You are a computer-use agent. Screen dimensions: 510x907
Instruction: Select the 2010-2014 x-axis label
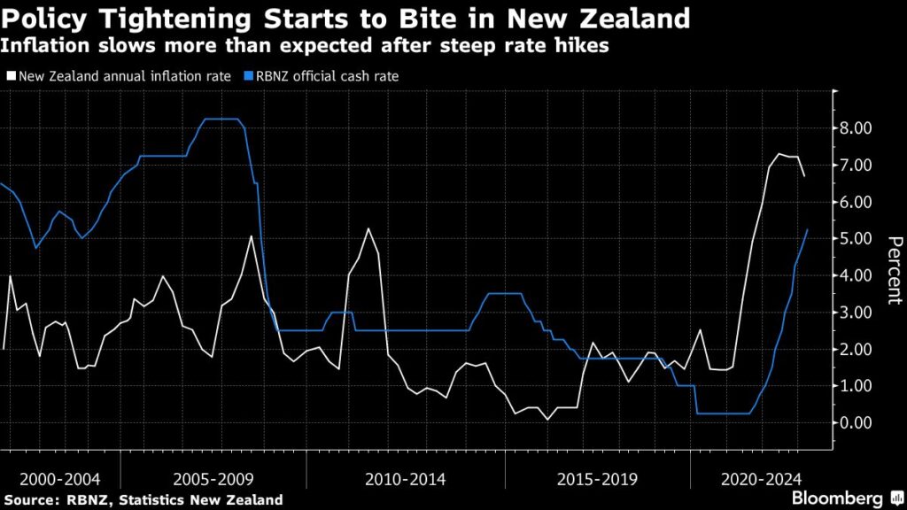407,479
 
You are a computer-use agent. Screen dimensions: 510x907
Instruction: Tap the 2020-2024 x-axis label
755,479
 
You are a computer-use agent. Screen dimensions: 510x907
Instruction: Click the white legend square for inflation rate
9,76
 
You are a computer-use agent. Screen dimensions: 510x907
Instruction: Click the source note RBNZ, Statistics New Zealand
142,499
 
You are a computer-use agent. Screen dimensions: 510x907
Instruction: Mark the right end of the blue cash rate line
808,229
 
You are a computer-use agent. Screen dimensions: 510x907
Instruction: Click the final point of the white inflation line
804,176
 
